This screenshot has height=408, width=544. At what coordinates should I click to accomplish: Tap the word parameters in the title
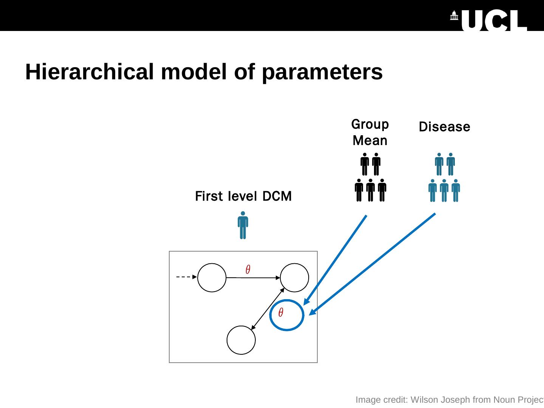click(322, 72)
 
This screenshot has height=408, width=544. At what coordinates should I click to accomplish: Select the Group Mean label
click(370, 132)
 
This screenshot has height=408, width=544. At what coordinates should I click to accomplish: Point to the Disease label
click(444, 127)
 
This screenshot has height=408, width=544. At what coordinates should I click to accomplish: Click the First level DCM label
click(243, 196)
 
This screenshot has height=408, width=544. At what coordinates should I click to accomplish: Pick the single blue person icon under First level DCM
click(243, 225)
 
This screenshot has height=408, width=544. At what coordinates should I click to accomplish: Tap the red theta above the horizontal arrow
click(248, 269)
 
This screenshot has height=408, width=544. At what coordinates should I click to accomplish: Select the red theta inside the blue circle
click(281, 313)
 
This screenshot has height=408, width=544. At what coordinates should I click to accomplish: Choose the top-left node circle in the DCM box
click(212, 278)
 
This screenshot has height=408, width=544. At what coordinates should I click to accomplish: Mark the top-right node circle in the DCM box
click(294, 278)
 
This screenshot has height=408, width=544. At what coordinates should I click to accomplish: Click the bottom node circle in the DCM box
click(241, 340)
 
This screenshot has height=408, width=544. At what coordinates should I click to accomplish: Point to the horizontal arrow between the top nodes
click(253, 278)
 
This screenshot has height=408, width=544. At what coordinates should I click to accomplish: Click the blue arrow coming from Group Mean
click(336, 258)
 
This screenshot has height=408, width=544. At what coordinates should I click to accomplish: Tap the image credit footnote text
click(450, 400)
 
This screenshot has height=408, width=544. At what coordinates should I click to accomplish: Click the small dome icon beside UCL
click(454, 16)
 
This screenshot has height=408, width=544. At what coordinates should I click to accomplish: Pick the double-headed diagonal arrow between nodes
click(268, 309)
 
